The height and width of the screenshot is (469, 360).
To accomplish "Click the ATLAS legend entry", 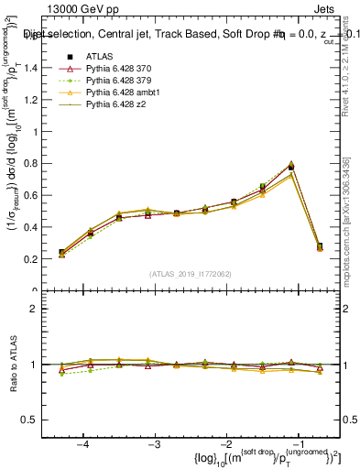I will coord(100,58).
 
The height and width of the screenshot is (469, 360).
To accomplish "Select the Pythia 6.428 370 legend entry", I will coord(119,70).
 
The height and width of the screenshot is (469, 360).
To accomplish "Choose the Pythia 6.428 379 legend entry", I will coord(119,82).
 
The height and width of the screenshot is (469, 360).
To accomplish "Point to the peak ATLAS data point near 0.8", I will coord(291,167).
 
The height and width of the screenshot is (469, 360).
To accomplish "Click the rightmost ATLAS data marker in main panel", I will coord(320,246).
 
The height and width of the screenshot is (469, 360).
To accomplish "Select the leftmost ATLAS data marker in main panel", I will coord(61,252).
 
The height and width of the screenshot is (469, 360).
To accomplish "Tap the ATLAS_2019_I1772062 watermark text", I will coord(190,274).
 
